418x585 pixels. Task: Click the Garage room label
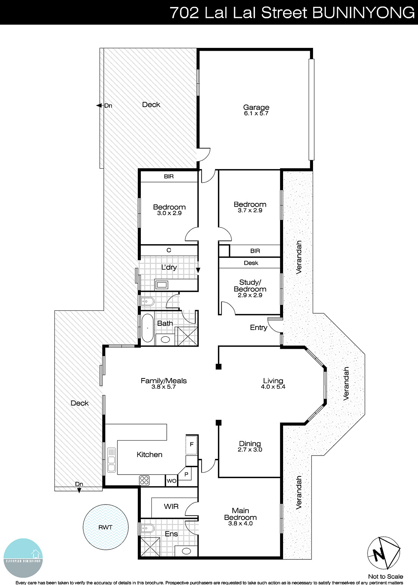pyautogui.click(x=256, y=107)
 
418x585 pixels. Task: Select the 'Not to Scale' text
pyautogui.click(x=385, y=577)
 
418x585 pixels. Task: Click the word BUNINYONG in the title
pyautogui.click(x=364, y=13)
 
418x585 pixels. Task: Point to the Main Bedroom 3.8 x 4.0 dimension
pyautogui.click(x=240, y=524)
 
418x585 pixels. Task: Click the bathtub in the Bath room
pyautogui.click(x=147, y=328)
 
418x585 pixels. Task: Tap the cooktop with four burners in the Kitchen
pyautogui.click(x=144, y=480)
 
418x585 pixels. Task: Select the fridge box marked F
pyautogui.click(x=191, y=445)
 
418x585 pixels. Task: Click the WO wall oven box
pyautogui.click(x=171, y=481)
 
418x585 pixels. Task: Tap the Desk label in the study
pyautogui.click(x=251, y=263)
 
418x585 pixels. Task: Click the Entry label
pyautogui.click(x=259, y=328)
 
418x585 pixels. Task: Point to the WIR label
pyautogui.click(x=171, y=506)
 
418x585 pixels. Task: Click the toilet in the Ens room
pyautogui.click(x=148, y=528)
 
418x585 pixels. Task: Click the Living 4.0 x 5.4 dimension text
pyautogui.click(x=273, y=387)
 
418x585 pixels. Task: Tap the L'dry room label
pyautogui.click(x=169, y=267)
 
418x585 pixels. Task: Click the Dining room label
pyautogui.click(x=250, y=444)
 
